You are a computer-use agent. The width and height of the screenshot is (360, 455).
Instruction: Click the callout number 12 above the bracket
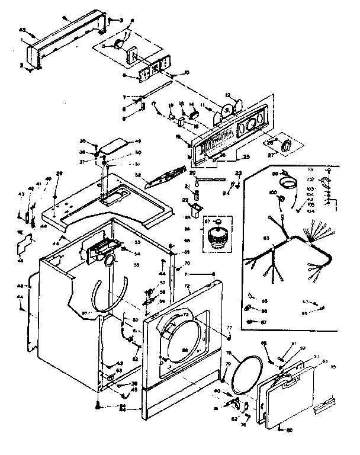[x=227, y=96]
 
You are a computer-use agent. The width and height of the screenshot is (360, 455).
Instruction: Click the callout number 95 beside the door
[x=333, y=367]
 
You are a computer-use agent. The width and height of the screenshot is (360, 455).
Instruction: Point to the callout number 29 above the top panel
[x=59, y=173]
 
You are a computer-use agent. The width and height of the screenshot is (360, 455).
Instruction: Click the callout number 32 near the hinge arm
[x=138, y=175]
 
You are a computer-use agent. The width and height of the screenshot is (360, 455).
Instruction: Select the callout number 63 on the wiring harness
[x=266, y=238]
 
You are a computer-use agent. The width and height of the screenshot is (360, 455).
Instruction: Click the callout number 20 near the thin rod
[x=193, y=172]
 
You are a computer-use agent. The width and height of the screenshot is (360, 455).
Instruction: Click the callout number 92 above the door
[x=302, y=348]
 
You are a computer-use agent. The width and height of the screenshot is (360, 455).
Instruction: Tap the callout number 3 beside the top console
[x=123, y=21]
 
